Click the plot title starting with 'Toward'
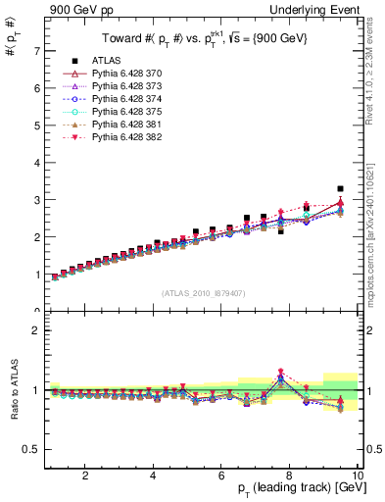[x=204, y=40]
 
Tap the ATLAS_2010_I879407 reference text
[x=204, y=292]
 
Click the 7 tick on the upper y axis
[x=35, y=50]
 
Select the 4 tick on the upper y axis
[x=35, y=162]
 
